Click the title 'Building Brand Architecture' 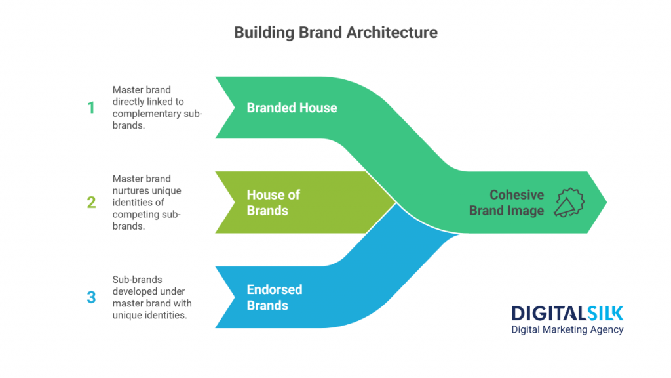pyautogui.click(x=335, y=32)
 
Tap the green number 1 pyautogui.click(x=91, y=108)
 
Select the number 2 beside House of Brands pyautogui.click(x=91, y=202)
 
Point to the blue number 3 pyautogui.click(x=91, y=297)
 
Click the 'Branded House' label pyautogui.click(x=292, y=108)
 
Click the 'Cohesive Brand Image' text pyautogui.click(x=517, y=202)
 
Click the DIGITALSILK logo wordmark pyautogui.click(x=567, y=313)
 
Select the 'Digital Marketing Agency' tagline pyautogui.click(x=567, y=329)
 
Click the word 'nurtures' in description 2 pyautogui.click(x=130, y=190)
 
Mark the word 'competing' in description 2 pyautogui.click(x=134, y=214)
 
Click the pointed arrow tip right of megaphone pyautogui.click(x=601, y=202)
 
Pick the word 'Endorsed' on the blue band pyautogui.click(x=274, y=289)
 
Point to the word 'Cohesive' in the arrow pyautogui.click(x=517, y=195)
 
